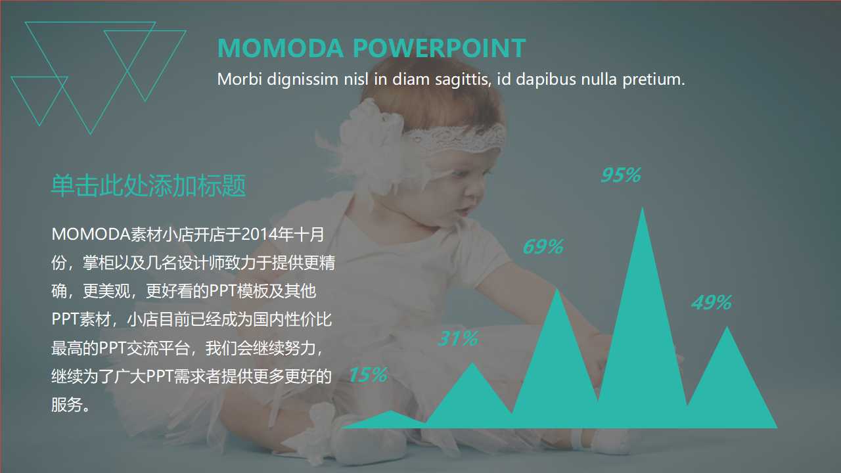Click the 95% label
pos(620,175)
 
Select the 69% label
pos(543,247)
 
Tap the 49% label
pos(711,303)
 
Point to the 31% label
pos(458,339)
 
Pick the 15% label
pos(367,374)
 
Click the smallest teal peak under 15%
pos(391,420)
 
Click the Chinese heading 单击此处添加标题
pos(148,187)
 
